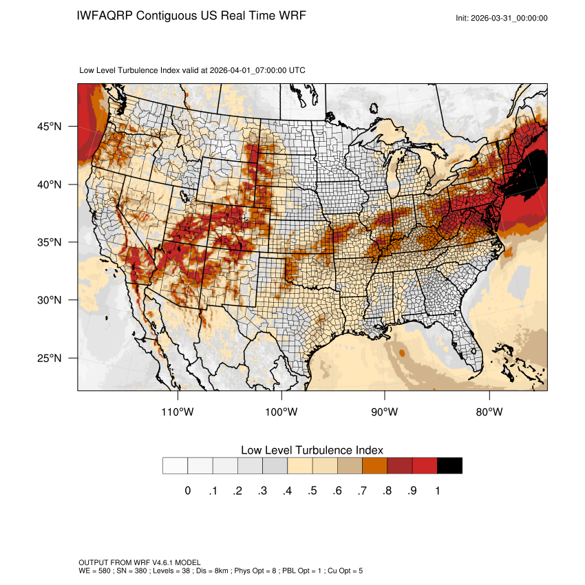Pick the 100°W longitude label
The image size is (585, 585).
click(x=282, y=412)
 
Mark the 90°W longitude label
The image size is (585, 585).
click(x=385, y=412)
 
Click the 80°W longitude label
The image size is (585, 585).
click(x=489, y=412)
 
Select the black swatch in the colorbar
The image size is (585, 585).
click(x=449, y=466)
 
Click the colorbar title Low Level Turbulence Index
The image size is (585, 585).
click(x=312, y=449)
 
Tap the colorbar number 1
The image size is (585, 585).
click(x=437, y=491)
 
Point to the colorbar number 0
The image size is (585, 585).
click(x=187, y=491)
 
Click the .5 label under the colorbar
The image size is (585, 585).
click(x=312, y=491)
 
